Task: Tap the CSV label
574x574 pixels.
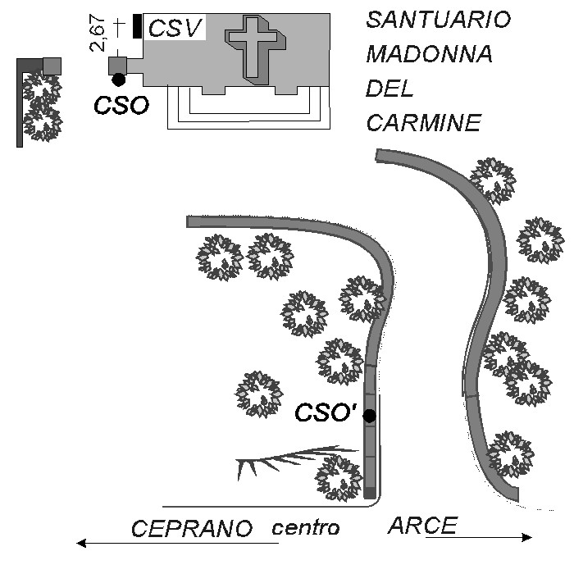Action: [175, 29]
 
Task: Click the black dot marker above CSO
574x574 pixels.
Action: [119, 80]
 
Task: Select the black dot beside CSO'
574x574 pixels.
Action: [370, 416]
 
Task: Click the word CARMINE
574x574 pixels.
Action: [423, 123]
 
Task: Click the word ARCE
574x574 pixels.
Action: [421, 526]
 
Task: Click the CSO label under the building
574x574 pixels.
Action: [121, 105]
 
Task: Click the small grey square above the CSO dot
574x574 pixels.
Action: [117, 65]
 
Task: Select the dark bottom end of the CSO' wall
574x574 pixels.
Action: [370, 493]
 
